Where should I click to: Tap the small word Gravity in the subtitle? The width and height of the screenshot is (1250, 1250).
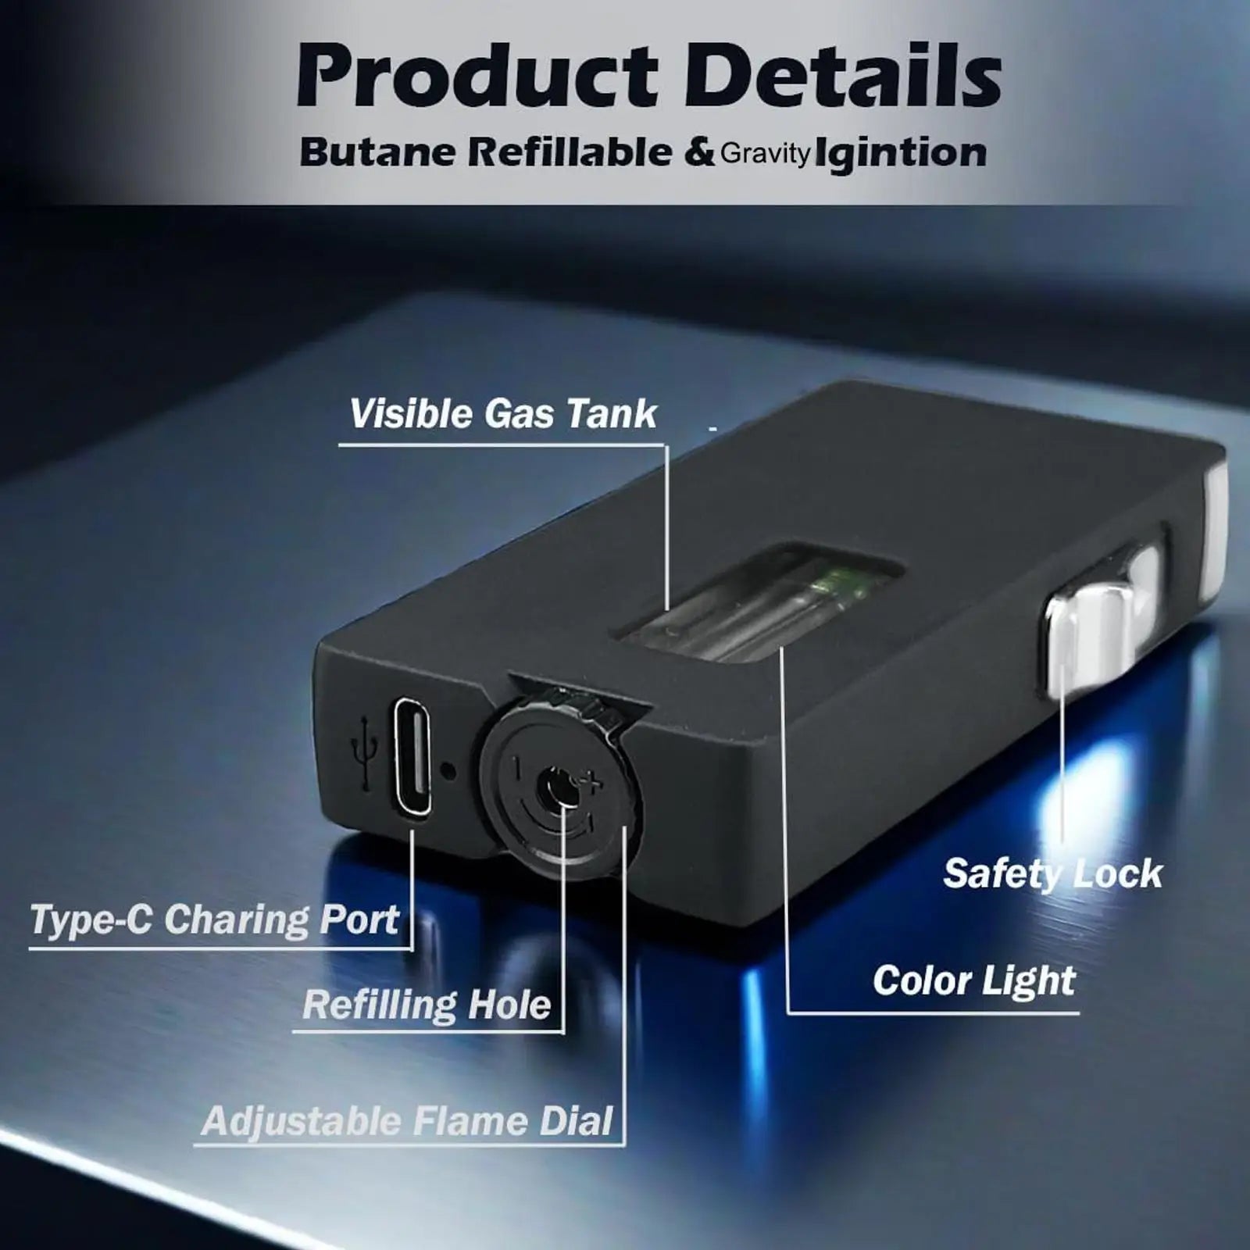(765, 154)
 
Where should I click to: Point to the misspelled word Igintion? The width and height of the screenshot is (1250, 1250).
(900, 152)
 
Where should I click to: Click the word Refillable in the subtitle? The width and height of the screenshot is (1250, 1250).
(570, 152)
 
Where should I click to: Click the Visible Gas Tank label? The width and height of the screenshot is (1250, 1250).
(503, 414)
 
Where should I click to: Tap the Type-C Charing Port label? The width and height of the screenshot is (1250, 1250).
(214, 920)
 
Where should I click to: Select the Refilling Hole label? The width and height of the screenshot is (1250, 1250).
(427, 1005)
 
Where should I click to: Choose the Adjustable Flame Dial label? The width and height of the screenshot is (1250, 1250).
(407, 1122)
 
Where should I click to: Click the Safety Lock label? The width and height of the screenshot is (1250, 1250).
(1053, 873)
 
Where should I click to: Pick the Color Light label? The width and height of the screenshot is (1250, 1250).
(974, 980)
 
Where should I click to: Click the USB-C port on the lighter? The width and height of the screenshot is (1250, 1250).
(412, 757)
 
